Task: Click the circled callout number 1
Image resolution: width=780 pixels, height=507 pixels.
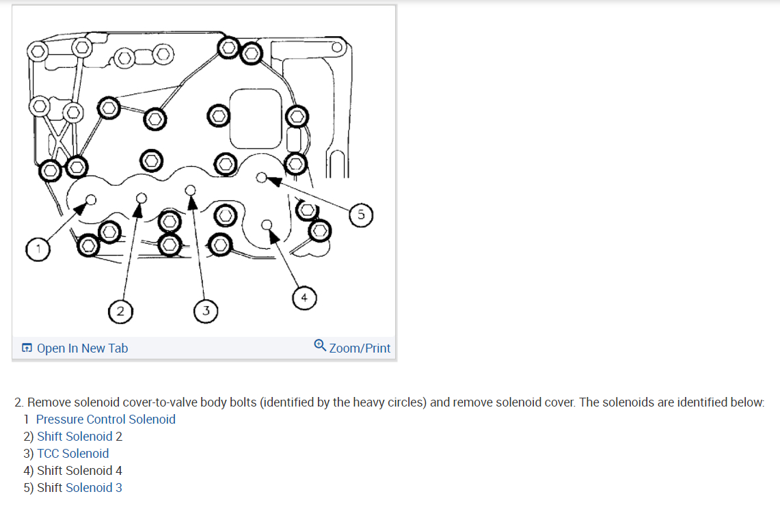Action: (x=39, y=249)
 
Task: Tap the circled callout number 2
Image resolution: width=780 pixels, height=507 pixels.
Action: (x=120, y=312)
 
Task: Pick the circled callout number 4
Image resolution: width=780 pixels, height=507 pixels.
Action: (x=304, y=298)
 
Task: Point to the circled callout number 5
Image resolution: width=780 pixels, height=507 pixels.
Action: (x=361, y=215)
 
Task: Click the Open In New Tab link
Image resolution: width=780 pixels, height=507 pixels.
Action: (x=82, y=348)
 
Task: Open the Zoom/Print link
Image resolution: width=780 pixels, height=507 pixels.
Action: (x=360, y=348)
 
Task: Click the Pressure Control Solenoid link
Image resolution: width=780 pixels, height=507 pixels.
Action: (x=106, y=420)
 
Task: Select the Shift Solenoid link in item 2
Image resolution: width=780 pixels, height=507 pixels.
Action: (x=75, y=437)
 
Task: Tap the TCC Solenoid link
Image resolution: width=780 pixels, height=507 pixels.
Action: (x=72, y=454)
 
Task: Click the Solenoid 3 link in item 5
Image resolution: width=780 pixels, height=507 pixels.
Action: (x=94, y=488)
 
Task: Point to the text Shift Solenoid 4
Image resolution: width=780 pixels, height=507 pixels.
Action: (x=79, y=471)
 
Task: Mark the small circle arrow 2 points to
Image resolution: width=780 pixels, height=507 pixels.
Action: (x=141, y=198)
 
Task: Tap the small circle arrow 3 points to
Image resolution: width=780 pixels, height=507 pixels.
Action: (x=191, y=189)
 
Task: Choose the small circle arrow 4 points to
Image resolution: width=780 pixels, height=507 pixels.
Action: (x=267, y=223)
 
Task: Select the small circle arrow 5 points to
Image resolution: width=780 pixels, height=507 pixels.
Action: (x=261, y=178)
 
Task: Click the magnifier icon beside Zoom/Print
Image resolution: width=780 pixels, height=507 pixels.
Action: (x=319, y=346)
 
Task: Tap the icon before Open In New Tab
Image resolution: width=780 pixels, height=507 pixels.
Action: (x=26, y=348)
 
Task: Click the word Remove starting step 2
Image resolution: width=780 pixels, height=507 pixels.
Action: (x=49, y=402)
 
